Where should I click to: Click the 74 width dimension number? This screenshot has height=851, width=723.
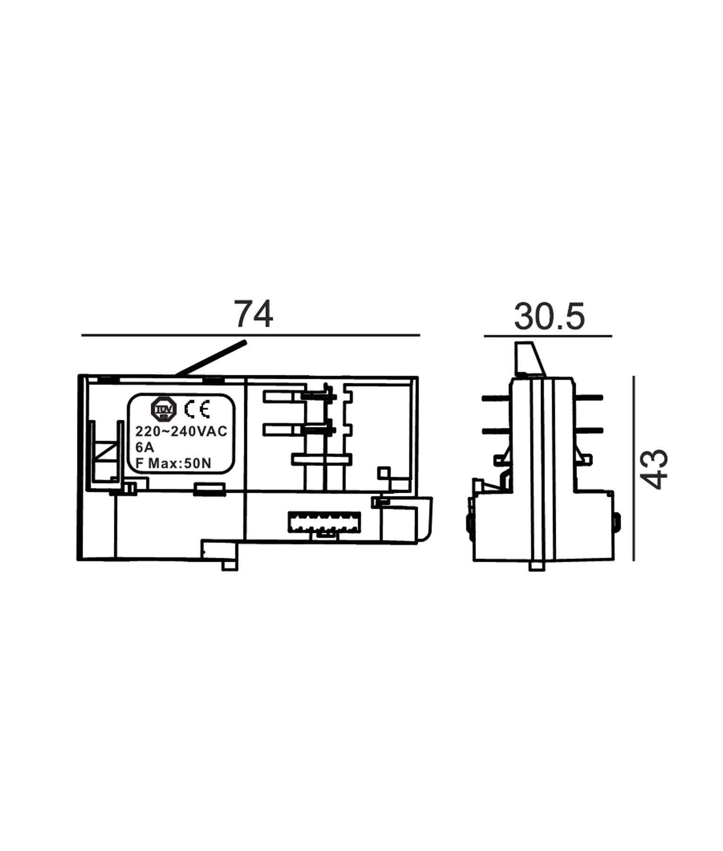pos(254,314)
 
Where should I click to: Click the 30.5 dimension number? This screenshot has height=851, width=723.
pos(549,317)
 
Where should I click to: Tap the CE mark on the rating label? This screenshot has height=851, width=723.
pos(197,409)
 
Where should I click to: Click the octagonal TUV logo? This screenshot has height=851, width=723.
pos(164,409)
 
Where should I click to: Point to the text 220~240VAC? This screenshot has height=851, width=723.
pos(181,431)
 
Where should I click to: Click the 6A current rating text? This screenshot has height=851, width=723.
pos(145,447)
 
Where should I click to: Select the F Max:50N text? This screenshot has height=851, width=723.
pos(173,463)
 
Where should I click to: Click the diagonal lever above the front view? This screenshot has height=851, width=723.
pos(211,358)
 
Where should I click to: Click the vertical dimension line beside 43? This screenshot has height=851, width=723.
pos(633,468)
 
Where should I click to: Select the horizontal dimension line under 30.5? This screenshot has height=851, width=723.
pos(548,336)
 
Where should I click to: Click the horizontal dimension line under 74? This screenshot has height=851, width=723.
pos(250,335)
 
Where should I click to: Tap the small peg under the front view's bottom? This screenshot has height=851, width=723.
pos(229,565)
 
